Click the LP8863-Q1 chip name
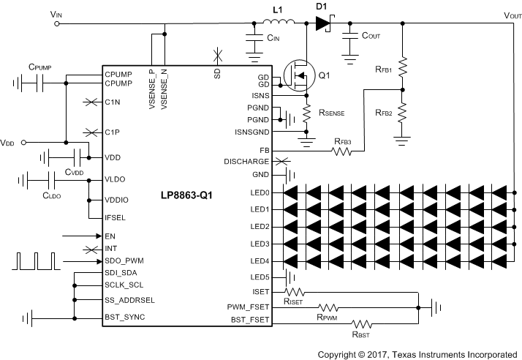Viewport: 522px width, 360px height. (186, 196)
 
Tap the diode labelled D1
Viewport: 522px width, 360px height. (323, 23)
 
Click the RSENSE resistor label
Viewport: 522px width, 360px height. (332, 113)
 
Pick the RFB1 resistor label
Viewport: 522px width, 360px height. (383, 70)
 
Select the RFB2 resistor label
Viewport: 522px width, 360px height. (383, 113)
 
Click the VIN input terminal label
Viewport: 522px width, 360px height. (56, 14)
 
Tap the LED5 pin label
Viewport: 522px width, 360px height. (260, 277)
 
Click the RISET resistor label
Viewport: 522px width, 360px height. (293, 300)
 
